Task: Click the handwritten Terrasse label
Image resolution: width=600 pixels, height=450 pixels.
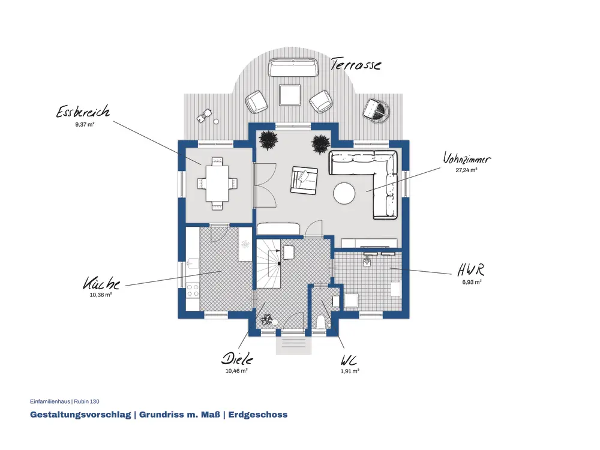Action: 356,64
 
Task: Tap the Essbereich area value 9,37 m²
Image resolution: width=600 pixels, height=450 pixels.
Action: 85,124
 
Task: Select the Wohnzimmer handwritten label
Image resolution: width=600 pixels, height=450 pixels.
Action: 466,158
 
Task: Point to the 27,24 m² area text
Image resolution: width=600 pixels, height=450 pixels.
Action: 466,170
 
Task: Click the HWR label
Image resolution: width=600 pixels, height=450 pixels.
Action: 471,270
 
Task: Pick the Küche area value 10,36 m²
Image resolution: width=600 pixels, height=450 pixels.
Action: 101,295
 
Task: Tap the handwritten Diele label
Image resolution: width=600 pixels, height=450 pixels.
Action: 237,359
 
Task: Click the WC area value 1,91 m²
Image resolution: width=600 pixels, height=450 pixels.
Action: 350,371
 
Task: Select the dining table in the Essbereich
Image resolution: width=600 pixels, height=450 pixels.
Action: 217,183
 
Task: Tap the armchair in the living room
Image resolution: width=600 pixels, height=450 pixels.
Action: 304,180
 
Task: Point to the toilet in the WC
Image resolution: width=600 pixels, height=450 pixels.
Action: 322,322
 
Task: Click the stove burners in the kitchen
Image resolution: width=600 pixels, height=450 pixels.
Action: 193,290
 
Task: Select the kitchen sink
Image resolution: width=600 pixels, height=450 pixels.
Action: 193,263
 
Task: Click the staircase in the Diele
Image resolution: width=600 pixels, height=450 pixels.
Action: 268,263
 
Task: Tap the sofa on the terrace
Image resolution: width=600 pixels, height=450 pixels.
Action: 293,67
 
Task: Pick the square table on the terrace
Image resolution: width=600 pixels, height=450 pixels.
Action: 290,95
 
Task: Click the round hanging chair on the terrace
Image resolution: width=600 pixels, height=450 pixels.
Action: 376,110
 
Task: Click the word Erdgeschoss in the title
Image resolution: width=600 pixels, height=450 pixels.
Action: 258,415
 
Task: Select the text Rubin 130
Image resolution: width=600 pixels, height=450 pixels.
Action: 86,401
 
